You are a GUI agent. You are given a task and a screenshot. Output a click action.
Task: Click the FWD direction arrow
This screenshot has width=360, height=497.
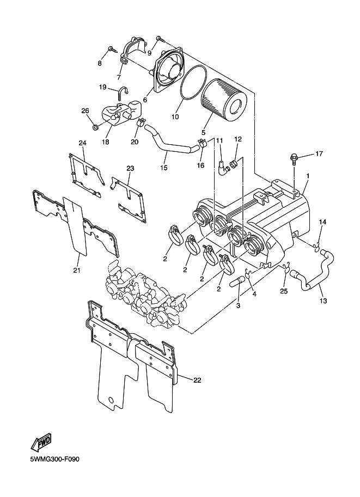[41, 443]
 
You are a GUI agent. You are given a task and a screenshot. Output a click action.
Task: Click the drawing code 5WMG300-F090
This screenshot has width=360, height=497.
[54, 459]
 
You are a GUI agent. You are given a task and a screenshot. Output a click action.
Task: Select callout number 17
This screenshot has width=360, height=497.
[319, 154]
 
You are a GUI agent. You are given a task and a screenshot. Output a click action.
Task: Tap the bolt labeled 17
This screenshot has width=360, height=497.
[294, 159]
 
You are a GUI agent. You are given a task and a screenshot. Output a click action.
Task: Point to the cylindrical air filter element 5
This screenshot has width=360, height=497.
[224, 100]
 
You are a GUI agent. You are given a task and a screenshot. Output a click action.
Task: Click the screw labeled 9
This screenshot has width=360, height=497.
[160, 39]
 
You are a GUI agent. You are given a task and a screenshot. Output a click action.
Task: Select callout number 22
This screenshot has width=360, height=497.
[197, 380]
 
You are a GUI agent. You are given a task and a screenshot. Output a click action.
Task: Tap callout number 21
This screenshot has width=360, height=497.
[77, 270]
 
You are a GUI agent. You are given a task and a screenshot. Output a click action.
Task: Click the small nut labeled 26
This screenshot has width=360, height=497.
[94, 128]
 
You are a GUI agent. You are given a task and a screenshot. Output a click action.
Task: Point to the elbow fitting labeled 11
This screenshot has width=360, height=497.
[222, 167]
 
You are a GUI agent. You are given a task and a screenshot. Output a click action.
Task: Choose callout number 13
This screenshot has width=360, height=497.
[323, 301]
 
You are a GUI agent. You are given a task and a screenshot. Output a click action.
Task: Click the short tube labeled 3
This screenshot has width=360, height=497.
[239, 280]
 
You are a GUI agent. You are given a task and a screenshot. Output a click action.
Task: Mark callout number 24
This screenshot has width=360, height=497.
[82, 143]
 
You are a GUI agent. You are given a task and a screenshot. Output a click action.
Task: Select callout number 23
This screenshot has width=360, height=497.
[130, 168]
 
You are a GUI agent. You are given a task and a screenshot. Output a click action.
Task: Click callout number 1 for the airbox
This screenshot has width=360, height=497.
[308, 175]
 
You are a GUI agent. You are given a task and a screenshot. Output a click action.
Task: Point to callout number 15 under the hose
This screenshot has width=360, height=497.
[164, 168]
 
